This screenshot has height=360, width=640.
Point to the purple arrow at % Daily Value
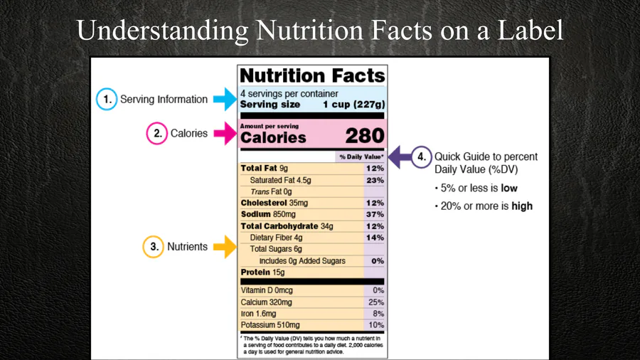pyautogui.click(x=405, y=157)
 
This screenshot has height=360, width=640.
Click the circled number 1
pyautogui.click(x=107, y=100)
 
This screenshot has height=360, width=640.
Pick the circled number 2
pyautogui.click(x=156, y=133)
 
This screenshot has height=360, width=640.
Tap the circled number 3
pyautogui.click(x=153, y=247)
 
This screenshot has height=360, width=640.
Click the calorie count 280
pyautogui.click(x=365, y=136)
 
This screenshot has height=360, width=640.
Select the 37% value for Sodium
pyautogui.click(x=375, y=214)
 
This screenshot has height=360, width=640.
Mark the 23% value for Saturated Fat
pyautogui.click(x=375, y=180)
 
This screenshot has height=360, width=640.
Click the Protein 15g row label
pyautogui.click(x=262, y=272)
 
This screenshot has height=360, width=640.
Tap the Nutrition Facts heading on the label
pyautogui.click(x=312, y=76)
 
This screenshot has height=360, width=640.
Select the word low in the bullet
pyautogui.click(x=508, y=188)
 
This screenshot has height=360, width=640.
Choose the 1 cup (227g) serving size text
pyautogui.click(x=353, y=105)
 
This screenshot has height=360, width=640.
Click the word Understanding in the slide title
pyautogui.click(x=161, y=30)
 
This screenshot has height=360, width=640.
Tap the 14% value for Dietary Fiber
pyautogui.click(x=375, y=238)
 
